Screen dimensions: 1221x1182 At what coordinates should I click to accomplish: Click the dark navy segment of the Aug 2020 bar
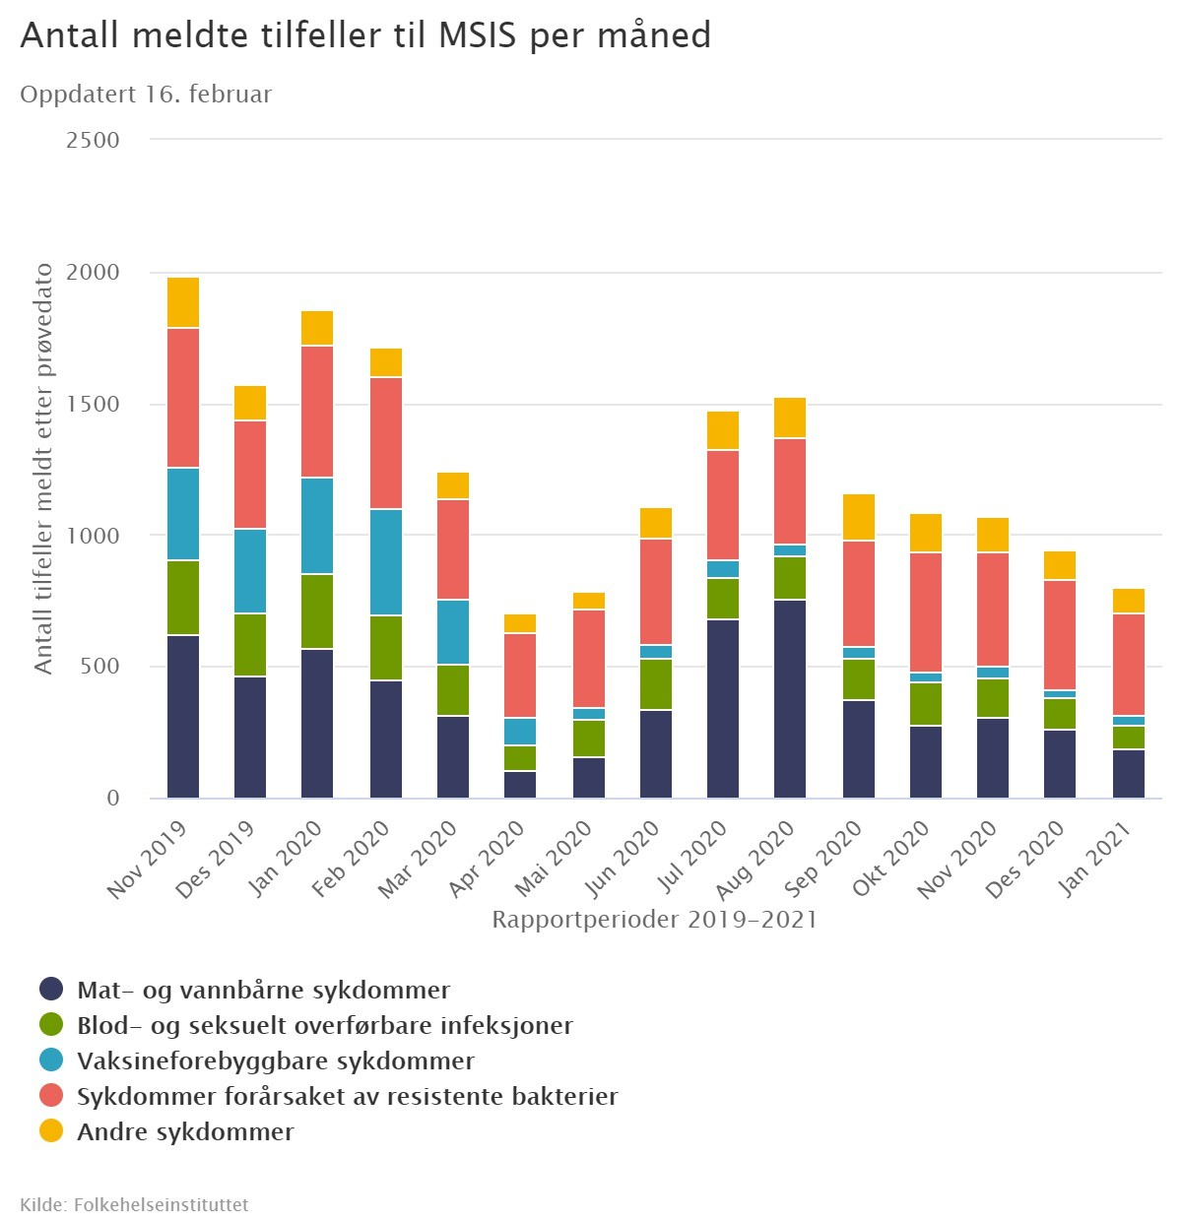coord(790,698)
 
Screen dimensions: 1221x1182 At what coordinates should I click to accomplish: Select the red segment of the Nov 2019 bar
coord(183,398)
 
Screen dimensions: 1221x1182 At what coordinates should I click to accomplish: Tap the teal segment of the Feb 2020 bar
coord(386,562)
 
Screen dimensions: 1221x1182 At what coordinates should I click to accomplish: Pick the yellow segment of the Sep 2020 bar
coord(859,518)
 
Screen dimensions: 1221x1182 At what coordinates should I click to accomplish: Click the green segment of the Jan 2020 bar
coord(317,611)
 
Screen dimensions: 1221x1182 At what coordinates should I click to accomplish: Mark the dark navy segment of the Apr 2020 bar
coord(520,785)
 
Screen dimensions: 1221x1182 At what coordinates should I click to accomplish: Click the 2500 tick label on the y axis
coord(93,140)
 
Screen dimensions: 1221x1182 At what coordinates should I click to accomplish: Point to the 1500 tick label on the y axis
coord(93,404)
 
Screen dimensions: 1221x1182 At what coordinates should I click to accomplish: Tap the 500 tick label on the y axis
coord(98,667)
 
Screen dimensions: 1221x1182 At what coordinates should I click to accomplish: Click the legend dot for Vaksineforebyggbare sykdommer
coord(51,1060)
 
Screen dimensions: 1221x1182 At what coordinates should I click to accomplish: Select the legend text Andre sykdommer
coord(185,1131)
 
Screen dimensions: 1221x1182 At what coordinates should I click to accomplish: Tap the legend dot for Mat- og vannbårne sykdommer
coord(51,990)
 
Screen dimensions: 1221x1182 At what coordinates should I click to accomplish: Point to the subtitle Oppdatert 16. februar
coord(146,95)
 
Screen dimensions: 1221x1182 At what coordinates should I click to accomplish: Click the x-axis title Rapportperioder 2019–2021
coord(654,920)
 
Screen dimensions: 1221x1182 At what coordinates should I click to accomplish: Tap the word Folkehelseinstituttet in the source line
coord(161,1204)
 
